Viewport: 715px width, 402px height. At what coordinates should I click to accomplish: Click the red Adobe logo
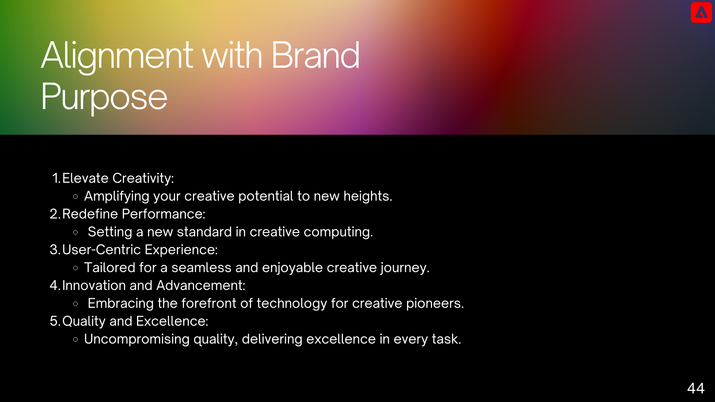pyautogui.click(x=701, y=12)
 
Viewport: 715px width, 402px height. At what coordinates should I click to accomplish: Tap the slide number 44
pyautogui.click(x=696, y=388)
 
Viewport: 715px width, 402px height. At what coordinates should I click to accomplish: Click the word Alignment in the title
pyautogui.click(x=117, y=56)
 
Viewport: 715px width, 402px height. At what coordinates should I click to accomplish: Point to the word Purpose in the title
pyautogui.click(x=104, y=97)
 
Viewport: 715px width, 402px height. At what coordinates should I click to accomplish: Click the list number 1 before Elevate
pyautogui.click(x=56, y=178)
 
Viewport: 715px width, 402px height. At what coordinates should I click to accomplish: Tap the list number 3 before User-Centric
pyautogui.click(x=55, y=249)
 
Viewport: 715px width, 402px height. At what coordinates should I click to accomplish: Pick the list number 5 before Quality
pyautogui.click(x=55, y=321)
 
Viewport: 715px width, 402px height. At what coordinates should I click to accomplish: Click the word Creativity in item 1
pyautogui.click(x=143, y=179)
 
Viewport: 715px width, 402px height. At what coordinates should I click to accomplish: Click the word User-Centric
pyautogui.click(x=101, y=249)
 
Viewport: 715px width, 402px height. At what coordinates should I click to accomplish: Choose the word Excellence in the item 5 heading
pyautogui.click(x=172, y=321)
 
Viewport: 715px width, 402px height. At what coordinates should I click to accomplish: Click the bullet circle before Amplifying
pyautogui.click(x=76, y=196)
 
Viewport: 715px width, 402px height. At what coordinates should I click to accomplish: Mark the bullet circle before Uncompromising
pyautogui.click(x=76, y=339)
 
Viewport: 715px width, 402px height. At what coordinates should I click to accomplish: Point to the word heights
pyautogui.click(x=368, y=196)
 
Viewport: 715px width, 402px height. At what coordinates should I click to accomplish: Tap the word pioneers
pyautogui.click(x=435, y=304)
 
